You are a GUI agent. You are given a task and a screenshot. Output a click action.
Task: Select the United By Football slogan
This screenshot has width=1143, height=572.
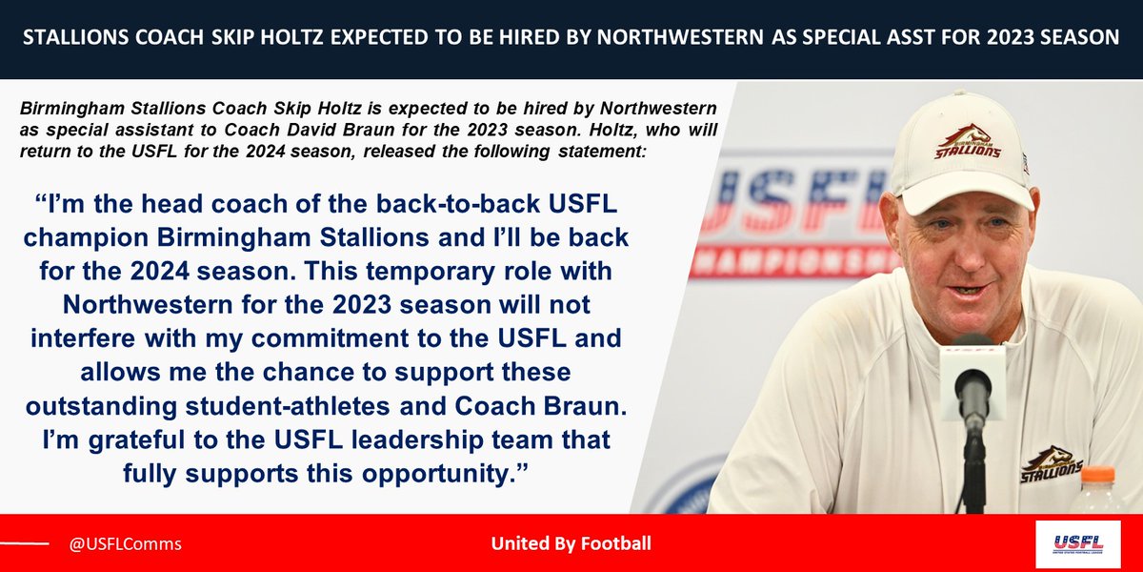pos(571,544)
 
